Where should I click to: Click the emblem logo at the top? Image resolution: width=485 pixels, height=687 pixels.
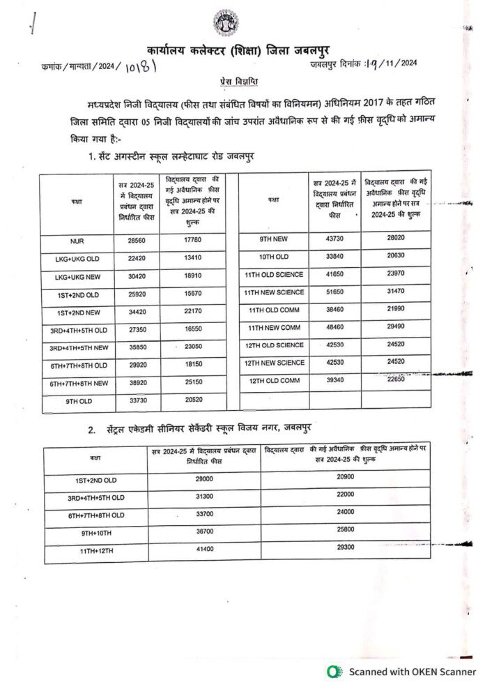pos(225,23)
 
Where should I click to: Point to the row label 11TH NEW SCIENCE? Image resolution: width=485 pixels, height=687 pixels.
pos(274,292)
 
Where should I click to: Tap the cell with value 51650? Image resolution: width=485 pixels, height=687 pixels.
pos(331,292)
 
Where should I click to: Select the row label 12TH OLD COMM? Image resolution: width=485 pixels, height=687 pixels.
pos(275,380)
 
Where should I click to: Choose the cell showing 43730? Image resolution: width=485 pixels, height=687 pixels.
pos(331,239)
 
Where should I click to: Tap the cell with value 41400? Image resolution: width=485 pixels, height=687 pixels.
pos(204,549)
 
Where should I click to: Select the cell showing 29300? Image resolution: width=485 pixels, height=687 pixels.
pos(345,548)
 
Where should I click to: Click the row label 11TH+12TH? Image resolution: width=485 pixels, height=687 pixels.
pos(96,551)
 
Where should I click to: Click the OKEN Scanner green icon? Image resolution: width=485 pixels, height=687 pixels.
pos(334,671)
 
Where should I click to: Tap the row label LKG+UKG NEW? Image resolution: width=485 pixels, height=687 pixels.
pos(77,277)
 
